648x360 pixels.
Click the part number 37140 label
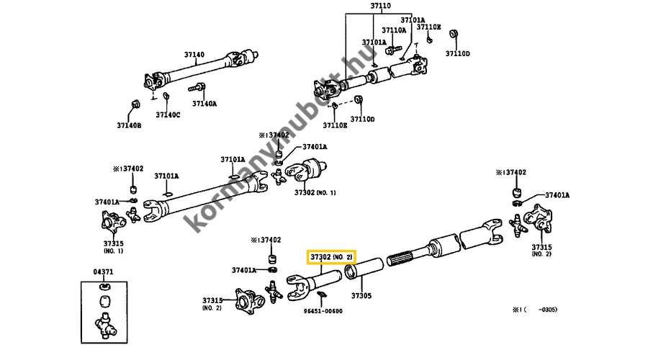click(x=194, y=55)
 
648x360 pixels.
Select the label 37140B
click(x=129, y=125)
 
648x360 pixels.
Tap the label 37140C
click(x=168, y=115)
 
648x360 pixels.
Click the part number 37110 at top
click(x=380, y=6)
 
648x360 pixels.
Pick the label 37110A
click(x=394, y=30)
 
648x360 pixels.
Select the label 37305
click(x=361, y=296)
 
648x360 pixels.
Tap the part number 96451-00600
click(x=323, y=311)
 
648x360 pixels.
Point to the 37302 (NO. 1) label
click(x=315, y=193)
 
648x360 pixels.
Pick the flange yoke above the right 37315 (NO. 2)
click(x=539, y=218)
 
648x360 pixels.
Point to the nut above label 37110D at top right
click(x=454, y=35)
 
